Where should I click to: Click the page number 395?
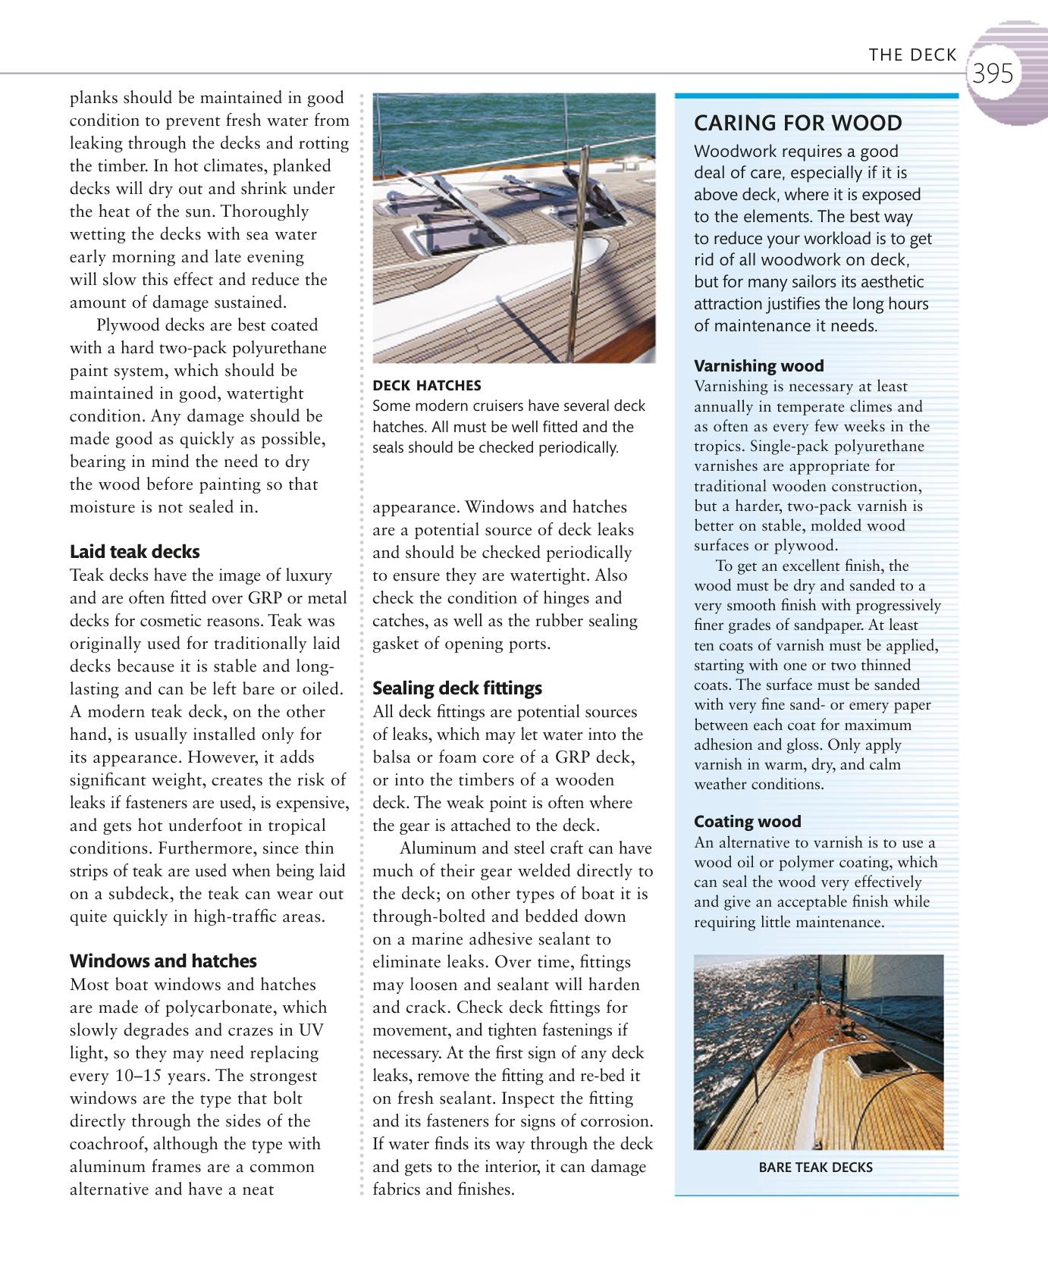pyautogui.click(x=992, y=74)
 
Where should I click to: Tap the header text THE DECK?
pyautogui.click(x=912, y=55)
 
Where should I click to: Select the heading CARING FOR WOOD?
pyautogui.click(x=798, y=123)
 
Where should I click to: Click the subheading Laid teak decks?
pyautogui.click(x=134, y=552)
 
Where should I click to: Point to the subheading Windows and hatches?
pyautogui.click(x=163, y=961)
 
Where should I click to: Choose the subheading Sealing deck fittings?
pyautogui.click(x=457, y=688)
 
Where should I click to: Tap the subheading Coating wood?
pyautogui.click(x=747, y=822)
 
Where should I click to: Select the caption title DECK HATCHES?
pyautogui.click(x=426, y=386)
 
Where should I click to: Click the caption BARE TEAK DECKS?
pyautogui.click(x=815, y=1167)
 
